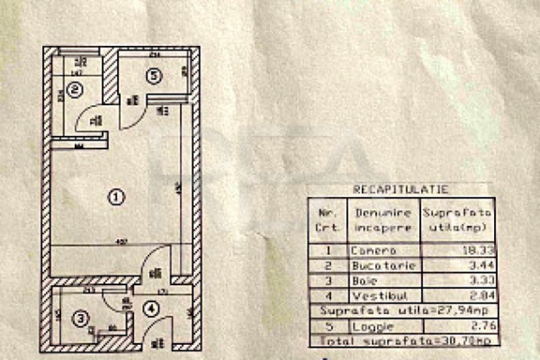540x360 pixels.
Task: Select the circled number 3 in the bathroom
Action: click(x=80, y=318)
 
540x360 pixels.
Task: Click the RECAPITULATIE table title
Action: click(x=400, y=189)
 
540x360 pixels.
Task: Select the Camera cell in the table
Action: click(x=373, y=251)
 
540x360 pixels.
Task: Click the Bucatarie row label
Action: click(x=383, y=266)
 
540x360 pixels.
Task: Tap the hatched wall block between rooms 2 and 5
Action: click(x=110, y=76)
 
